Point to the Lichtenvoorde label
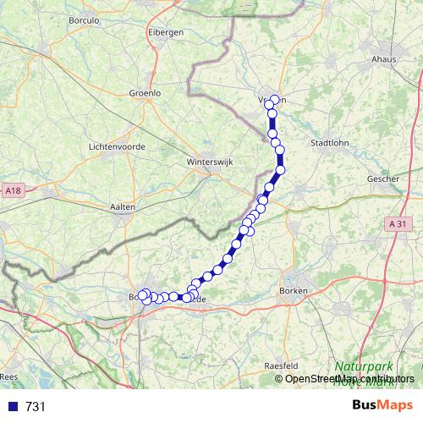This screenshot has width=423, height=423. click(117, 146)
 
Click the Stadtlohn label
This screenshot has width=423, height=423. click(331, 142)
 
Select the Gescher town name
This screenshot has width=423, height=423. click(383, 179)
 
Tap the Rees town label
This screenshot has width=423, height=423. click(9, 376)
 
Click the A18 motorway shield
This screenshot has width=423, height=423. click(10, 191)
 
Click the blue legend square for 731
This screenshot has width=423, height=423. click(11, 407)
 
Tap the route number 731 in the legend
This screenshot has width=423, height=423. click(35, 407)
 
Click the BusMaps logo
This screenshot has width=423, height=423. click(382, 406)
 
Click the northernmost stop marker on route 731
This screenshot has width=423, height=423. click(274, 101)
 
